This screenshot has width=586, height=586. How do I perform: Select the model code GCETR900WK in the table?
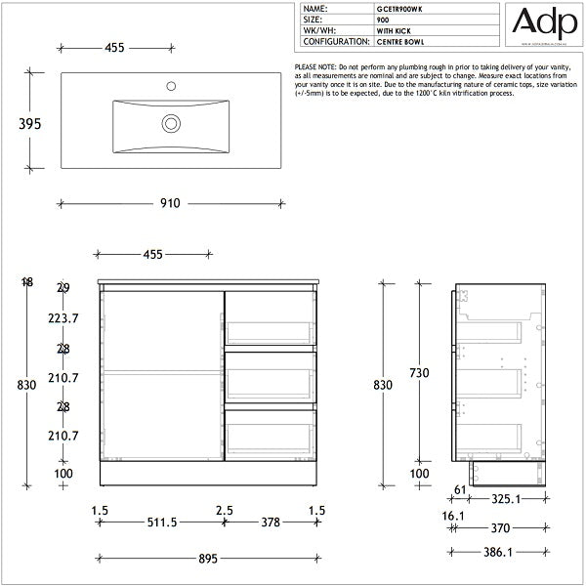pos(399,8)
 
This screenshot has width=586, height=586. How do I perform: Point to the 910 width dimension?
pos(171,203)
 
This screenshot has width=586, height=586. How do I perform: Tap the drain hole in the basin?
pos(172,123)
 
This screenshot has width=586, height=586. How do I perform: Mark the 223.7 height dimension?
pos(63,318)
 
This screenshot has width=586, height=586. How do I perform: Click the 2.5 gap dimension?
pos(225,509)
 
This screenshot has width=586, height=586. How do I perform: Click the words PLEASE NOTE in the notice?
pos(314,65)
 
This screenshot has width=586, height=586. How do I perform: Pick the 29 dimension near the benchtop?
pos(63,288)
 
